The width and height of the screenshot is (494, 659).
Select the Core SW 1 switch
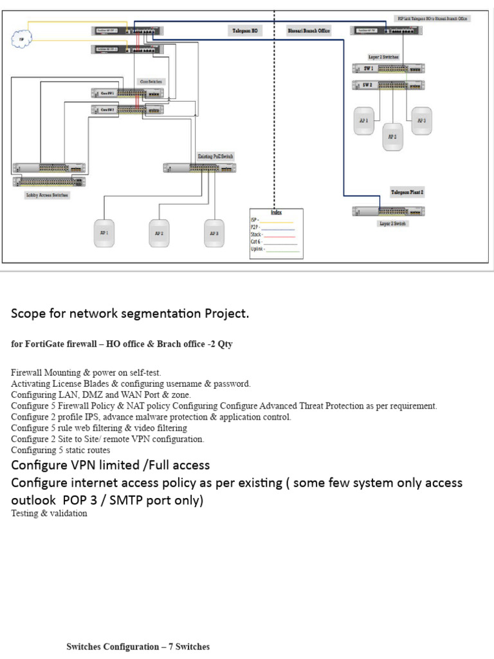[x=127, y=93]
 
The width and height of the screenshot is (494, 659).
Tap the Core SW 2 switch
[x=127, y=109]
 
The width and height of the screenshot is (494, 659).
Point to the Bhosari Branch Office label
[x=308, y=30]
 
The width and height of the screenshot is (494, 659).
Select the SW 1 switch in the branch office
[x=389, y=68]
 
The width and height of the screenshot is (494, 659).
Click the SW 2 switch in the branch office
[x=389, y=85]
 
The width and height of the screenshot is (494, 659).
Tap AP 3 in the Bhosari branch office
[x=421, y=120]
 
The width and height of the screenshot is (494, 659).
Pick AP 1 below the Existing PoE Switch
[x=103, y=233]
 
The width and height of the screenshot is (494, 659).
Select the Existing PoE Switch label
[x=215, y=156]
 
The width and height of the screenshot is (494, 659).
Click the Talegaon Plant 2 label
[x=407, y=192]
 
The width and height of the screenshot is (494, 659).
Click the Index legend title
[x=276, y=212]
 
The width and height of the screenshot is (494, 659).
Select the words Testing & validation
[x=48, y=514]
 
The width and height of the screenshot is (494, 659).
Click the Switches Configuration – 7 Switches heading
[x=138, y=646]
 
